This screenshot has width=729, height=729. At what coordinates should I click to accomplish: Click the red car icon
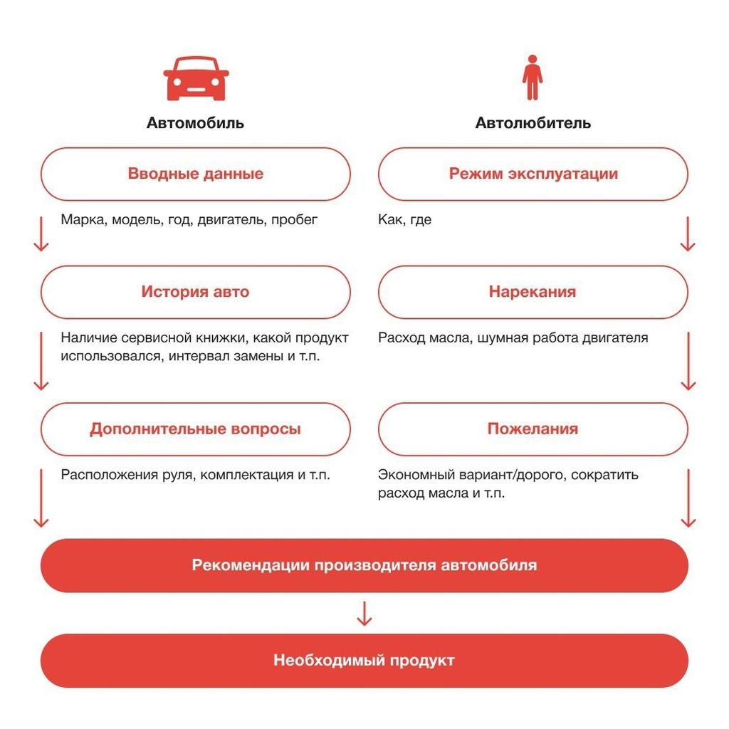[196, 78]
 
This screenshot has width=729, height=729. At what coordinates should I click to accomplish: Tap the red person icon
[532, 78]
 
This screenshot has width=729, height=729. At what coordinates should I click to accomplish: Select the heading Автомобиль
[195, 123]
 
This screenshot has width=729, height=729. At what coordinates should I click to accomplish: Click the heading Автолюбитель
[533, 123]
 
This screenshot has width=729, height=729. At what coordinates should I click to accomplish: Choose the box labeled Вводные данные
[195, 174]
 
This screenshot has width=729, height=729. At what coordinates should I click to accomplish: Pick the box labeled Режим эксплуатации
[533, 174]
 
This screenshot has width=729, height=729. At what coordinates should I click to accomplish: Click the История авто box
[195, 292]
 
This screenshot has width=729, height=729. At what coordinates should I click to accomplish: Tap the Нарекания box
[533, 292]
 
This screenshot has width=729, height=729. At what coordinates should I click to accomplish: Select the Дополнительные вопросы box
[195, 429]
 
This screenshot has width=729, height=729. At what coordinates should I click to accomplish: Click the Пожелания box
[533, 429]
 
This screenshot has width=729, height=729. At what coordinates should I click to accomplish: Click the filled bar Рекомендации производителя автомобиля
[364, 565]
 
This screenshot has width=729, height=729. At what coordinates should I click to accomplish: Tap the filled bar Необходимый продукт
[364, 661]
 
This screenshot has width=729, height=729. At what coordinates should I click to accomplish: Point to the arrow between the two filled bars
[364, 613]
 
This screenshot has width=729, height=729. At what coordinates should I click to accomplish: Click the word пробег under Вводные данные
[295, 220]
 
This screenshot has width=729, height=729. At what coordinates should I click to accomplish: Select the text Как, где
[404, 220]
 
